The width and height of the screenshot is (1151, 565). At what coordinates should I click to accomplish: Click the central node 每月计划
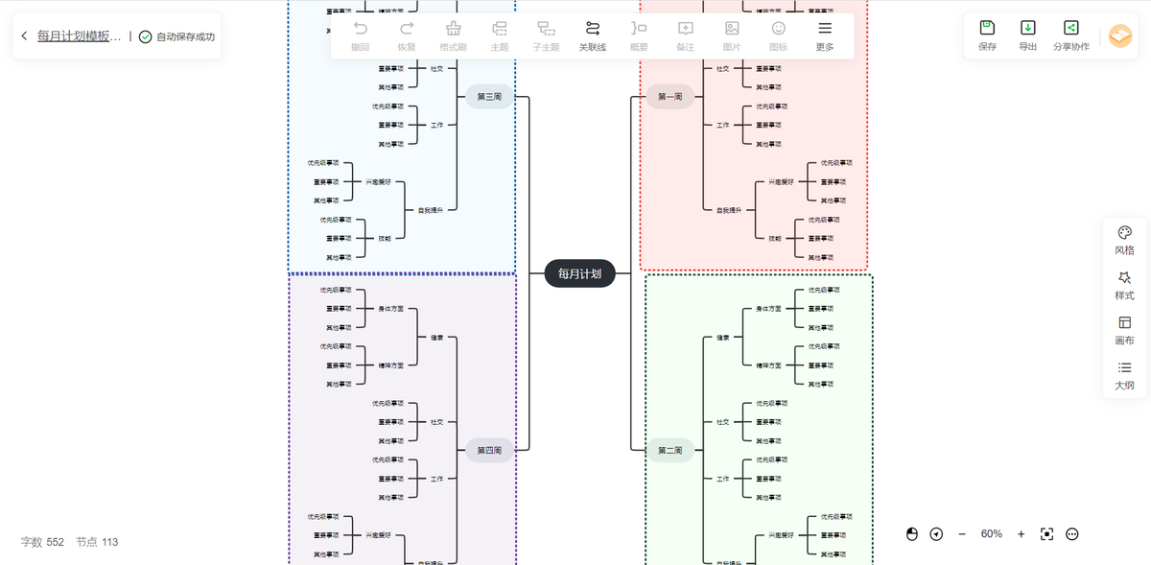(x=579, y=273)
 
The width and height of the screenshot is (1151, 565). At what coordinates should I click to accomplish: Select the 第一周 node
(x=669, y=97)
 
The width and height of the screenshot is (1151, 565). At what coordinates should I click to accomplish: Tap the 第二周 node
(x=669, y=450)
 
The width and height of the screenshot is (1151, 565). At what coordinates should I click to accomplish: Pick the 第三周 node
(x=489, y=97)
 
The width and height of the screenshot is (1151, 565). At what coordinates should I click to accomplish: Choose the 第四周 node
(x=489, y=450)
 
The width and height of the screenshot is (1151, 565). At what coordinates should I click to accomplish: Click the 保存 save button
(x=987, y=35)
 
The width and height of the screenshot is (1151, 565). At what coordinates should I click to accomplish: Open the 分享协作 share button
(x=1070, y=35)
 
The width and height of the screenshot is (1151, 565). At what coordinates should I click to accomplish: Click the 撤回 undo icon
(x=360, y=35)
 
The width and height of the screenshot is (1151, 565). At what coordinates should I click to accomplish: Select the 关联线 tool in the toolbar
(x=592, y=35)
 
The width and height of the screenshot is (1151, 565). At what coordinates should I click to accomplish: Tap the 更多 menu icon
(x=824, y=35)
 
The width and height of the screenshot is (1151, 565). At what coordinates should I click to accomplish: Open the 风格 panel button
(x=1124, y=240)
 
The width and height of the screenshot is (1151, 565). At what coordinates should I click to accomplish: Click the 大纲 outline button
(x=1124, y=375)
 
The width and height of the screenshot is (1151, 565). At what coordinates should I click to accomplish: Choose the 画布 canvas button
(x=1124, y=330)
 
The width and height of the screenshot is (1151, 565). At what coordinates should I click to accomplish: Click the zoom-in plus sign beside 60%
(x=1021, y=534)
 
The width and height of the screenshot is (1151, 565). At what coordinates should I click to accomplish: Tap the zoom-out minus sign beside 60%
(x=962, y=534)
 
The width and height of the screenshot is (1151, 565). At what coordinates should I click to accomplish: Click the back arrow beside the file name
(x=24, y=36)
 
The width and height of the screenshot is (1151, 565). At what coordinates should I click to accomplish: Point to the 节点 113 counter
(x=97, y=542)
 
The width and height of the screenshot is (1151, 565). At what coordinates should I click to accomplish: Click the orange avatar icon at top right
(x=1119, y=35)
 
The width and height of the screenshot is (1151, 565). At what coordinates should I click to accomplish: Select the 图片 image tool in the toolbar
(x=732, y=35)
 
